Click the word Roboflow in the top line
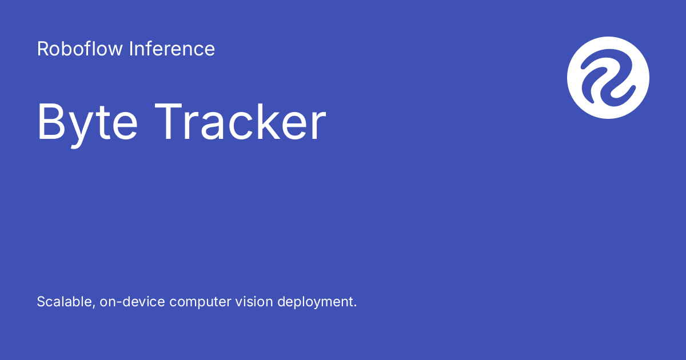(79, 49)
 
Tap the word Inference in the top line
(171, 49)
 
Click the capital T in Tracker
(170, 122)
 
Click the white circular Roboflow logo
(608, 78)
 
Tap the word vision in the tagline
(255, 302)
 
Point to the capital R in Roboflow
(42, 49)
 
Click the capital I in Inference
(130, 49)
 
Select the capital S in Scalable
(41, 302)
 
